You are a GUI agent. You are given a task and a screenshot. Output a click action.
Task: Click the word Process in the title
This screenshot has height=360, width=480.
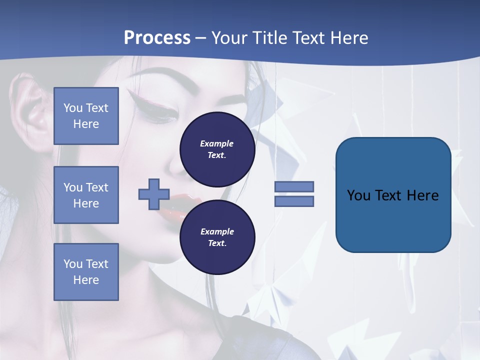[157, 38]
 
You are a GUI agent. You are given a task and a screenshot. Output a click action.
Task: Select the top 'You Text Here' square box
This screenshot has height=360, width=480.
[86, 116]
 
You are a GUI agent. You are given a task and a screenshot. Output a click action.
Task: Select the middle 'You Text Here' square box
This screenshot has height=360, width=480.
[86, 195]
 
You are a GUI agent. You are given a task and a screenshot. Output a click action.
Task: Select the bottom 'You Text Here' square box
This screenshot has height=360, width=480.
[86, 271]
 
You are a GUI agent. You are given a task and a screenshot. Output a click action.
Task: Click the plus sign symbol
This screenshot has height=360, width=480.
[154, 194]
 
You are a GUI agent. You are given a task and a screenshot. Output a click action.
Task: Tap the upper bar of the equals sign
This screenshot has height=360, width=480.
[294, 186]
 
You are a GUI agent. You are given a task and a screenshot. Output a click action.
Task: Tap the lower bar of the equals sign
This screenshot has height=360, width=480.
[294, 201]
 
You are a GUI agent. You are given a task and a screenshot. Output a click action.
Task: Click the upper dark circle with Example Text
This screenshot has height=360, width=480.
[217, 149]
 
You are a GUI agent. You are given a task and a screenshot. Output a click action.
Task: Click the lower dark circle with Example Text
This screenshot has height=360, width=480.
[217, 237]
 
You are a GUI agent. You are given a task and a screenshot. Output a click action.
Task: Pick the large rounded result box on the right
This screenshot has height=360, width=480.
[393, 195]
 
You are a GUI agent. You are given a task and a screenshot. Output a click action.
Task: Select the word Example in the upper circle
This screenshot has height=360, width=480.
[217, 143]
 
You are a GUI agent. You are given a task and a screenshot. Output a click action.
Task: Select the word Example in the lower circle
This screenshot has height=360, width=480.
[217, 231]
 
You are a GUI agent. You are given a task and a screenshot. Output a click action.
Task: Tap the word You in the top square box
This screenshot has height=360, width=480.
[72, 108]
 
